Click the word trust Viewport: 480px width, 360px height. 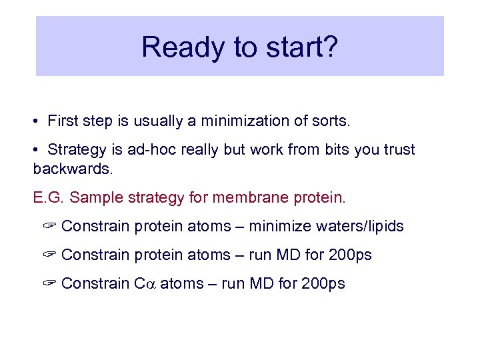[x=397, y=149]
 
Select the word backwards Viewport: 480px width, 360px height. [x=73, y=169]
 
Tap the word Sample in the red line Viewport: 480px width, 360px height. [x=95, y=197]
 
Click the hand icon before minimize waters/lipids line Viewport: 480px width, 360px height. [x=49, y=227]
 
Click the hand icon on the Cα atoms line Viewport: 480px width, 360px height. [x=49, y=284]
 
